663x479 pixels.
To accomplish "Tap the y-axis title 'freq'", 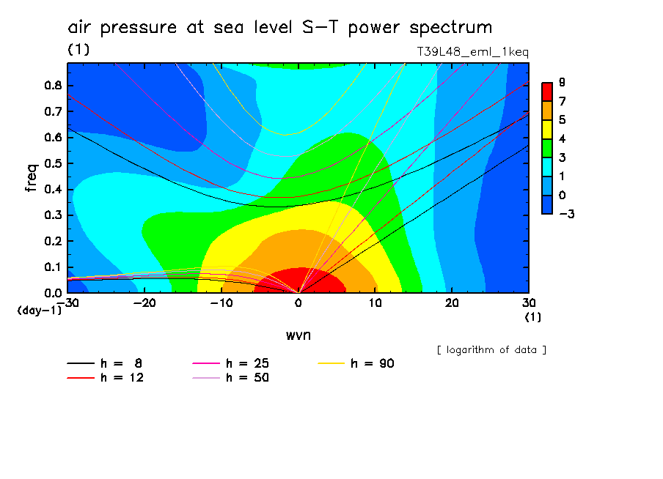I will tap(32, 177).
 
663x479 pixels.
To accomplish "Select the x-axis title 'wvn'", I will tap(298, 335).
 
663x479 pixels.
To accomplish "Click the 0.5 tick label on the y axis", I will tap(53, 163).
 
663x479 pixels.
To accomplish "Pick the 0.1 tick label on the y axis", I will tap(53, 267).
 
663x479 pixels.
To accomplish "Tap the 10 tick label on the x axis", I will tap(375, 303).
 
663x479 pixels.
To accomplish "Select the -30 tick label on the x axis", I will tap(67, 303).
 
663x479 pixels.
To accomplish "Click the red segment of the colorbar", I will tap(547, 92).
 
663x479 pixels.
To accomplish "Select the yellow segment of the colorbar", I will tap(547, 129).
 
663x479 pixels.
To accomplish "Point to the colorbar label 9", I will tap(561, 82).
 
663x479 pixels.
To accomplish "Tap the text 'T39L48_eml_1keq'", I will tap(472, 52).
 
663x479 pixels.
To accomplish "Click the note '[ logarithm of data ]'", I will tap(491, 349).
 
